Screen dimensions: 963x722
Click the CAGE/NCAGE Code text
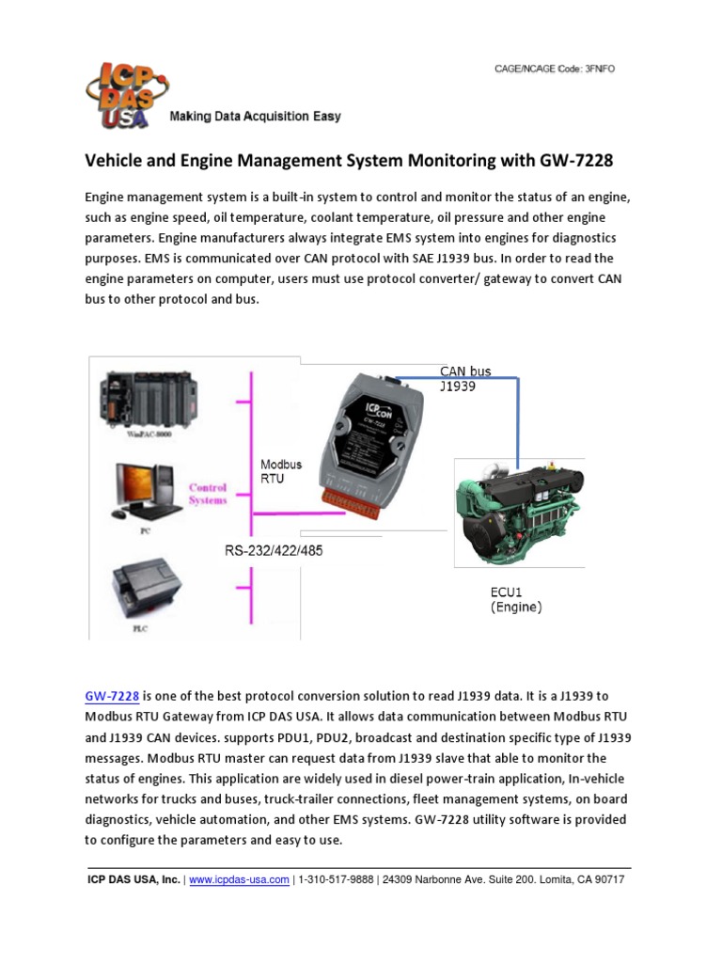tap(555, 69)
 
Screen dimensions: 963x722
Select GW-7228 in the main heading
tap(576, 161)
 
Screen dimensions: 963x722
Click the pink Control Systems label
tap(208, 494)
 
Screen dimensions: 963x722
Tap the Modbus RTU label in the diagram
tap(279, 471)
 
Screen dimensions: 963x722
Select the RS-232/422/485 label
tap(273, 551)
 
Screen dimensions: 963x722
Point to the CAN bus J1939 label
tap(466, 378)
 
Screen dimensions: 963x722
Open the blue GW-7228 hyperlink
tap(112, 697)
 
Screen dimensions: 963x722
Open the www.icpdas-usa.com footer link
tap(239, 880)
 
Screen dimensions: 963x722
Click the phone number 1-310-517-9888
tap(337, 880)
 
